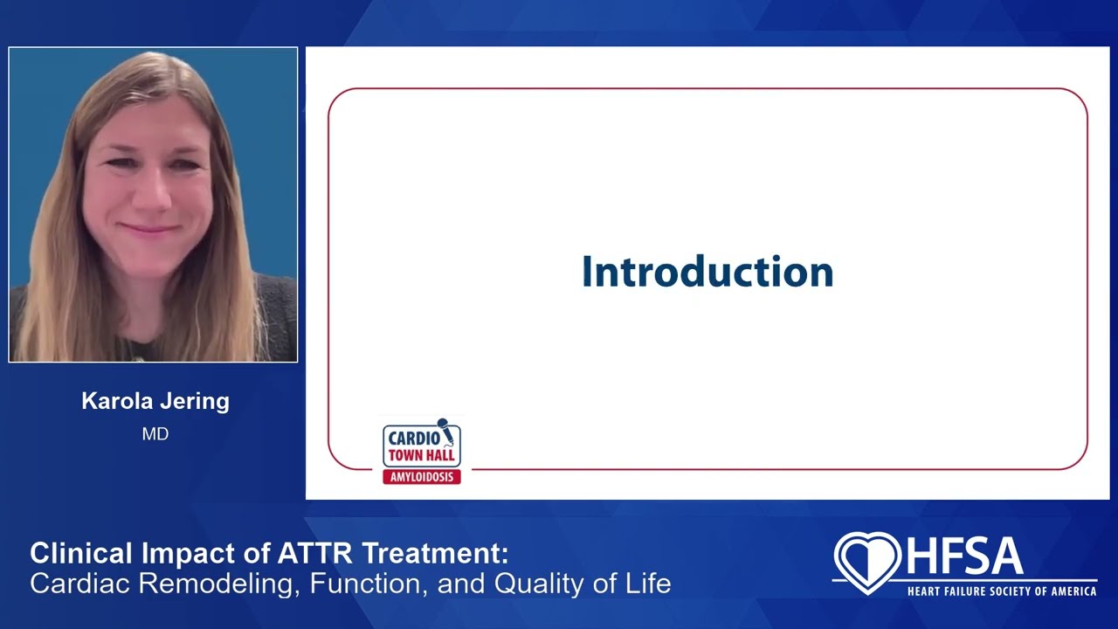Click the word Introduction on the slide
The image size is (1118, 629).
tap(707, 272)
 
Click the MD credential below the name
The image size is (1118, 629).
tap(155, 434)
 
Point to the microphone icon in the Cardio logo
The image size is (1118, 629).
tap(445, 431)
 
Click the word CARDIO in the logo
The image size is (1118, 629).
tap(414, 439)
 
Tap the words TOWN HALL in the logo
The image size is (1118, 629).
tap(422, 455)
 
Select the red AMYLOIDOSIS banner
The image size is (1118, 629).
tap(422, 477)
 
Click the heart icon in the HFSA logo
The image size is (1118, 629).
tap(867, 563)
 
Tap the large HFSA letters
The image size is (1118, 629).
tap(965, 556)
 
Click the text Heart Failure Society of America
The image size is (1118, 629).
tap(1002, 591)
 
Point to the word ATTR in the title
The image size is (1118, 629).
tap(315, 553)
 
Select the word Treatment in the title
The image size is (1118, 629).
tap(435, 553)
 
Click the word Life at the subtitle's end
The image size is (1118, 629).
tap(648, 583)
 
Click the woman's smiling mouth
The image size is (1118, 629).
tap(148, 229)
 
